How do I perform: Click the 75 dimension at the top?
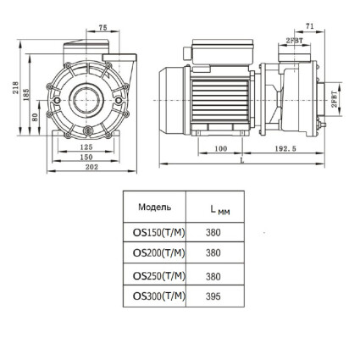pyautogui.click(x=103, y=27)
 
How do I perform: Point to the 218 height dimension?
pyautogui.click(x=15, y=88)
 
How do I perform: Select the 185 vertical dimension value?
pyautogui.click(x=26, y=95)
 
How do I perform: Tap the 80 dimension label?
pyautogui.click(x=35, y=117)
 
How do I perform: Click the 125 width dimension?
pyautogui.click(x=86, y=147)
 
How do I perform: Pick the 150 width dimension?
pyautogui.click(x=86, y=157)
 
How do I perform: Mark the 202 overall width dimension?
pyautogui.click(x=91, y=167)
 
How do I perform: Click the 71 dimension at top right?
pyautogui.click(x=310, y=26)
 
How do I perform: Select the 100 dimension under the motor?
pyautogui.click(x=221, y=149)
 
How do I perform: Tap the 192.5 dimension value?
pyautogui.click(x=285, y=149)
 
